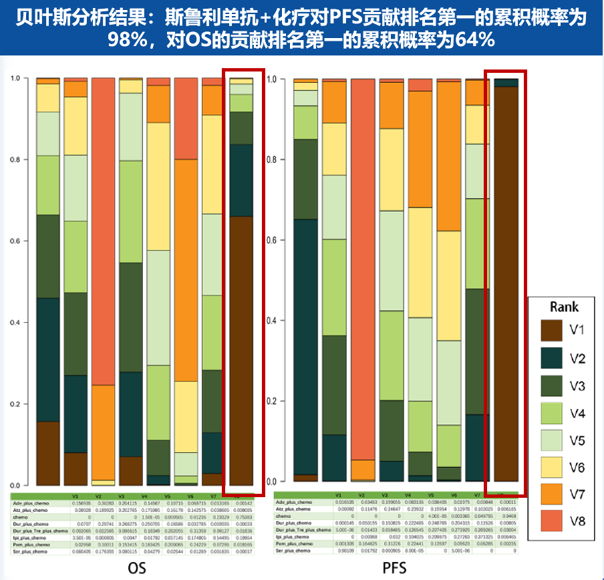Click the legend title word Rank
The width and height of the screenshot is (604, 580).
coord(564,307)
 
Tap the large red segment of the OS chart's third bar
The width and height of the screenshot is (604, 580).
coord(104,231)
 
